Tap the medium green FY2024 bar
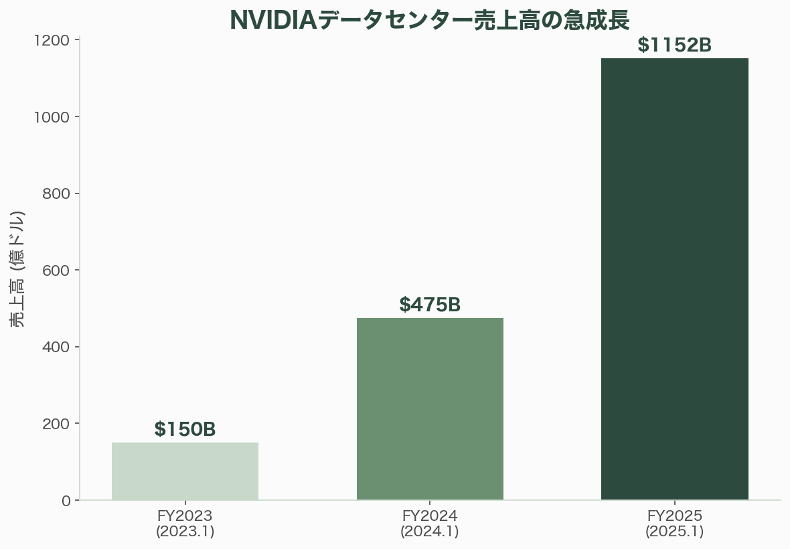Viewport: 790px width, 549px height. point(430,408)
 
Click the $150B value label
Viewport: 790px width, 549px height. point(185,430)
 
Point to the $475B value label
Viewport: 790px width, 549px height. point(430,305)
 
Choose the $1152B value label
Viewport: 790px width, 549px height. point(674,46)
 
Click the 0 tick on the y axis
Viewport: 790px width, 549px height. point(66,501)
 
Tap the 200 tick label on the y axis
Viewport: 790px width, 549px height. point(56,424)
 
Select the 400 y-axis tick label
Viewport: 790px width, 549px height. point(56,347)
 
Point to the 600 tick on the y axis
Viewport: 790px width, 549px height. point(56,270)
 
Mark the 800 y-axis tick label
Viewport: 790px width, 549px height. point(56,194)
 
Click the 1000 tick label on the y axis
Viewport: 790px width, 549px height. point(52,117)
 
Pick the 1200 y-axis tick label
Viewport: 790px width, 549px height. point(52,41)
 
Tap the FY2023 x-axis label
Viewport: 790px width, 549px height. point(185,516)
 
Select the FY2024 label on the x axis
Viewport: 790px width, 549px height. point(430,516)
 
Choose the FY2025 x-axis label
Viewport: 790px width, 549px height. point(674,516)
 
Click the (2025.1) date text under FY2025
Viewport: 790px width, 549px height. point(674,532)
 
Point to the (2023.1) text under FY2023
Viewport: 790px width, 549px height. point(185,532)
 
